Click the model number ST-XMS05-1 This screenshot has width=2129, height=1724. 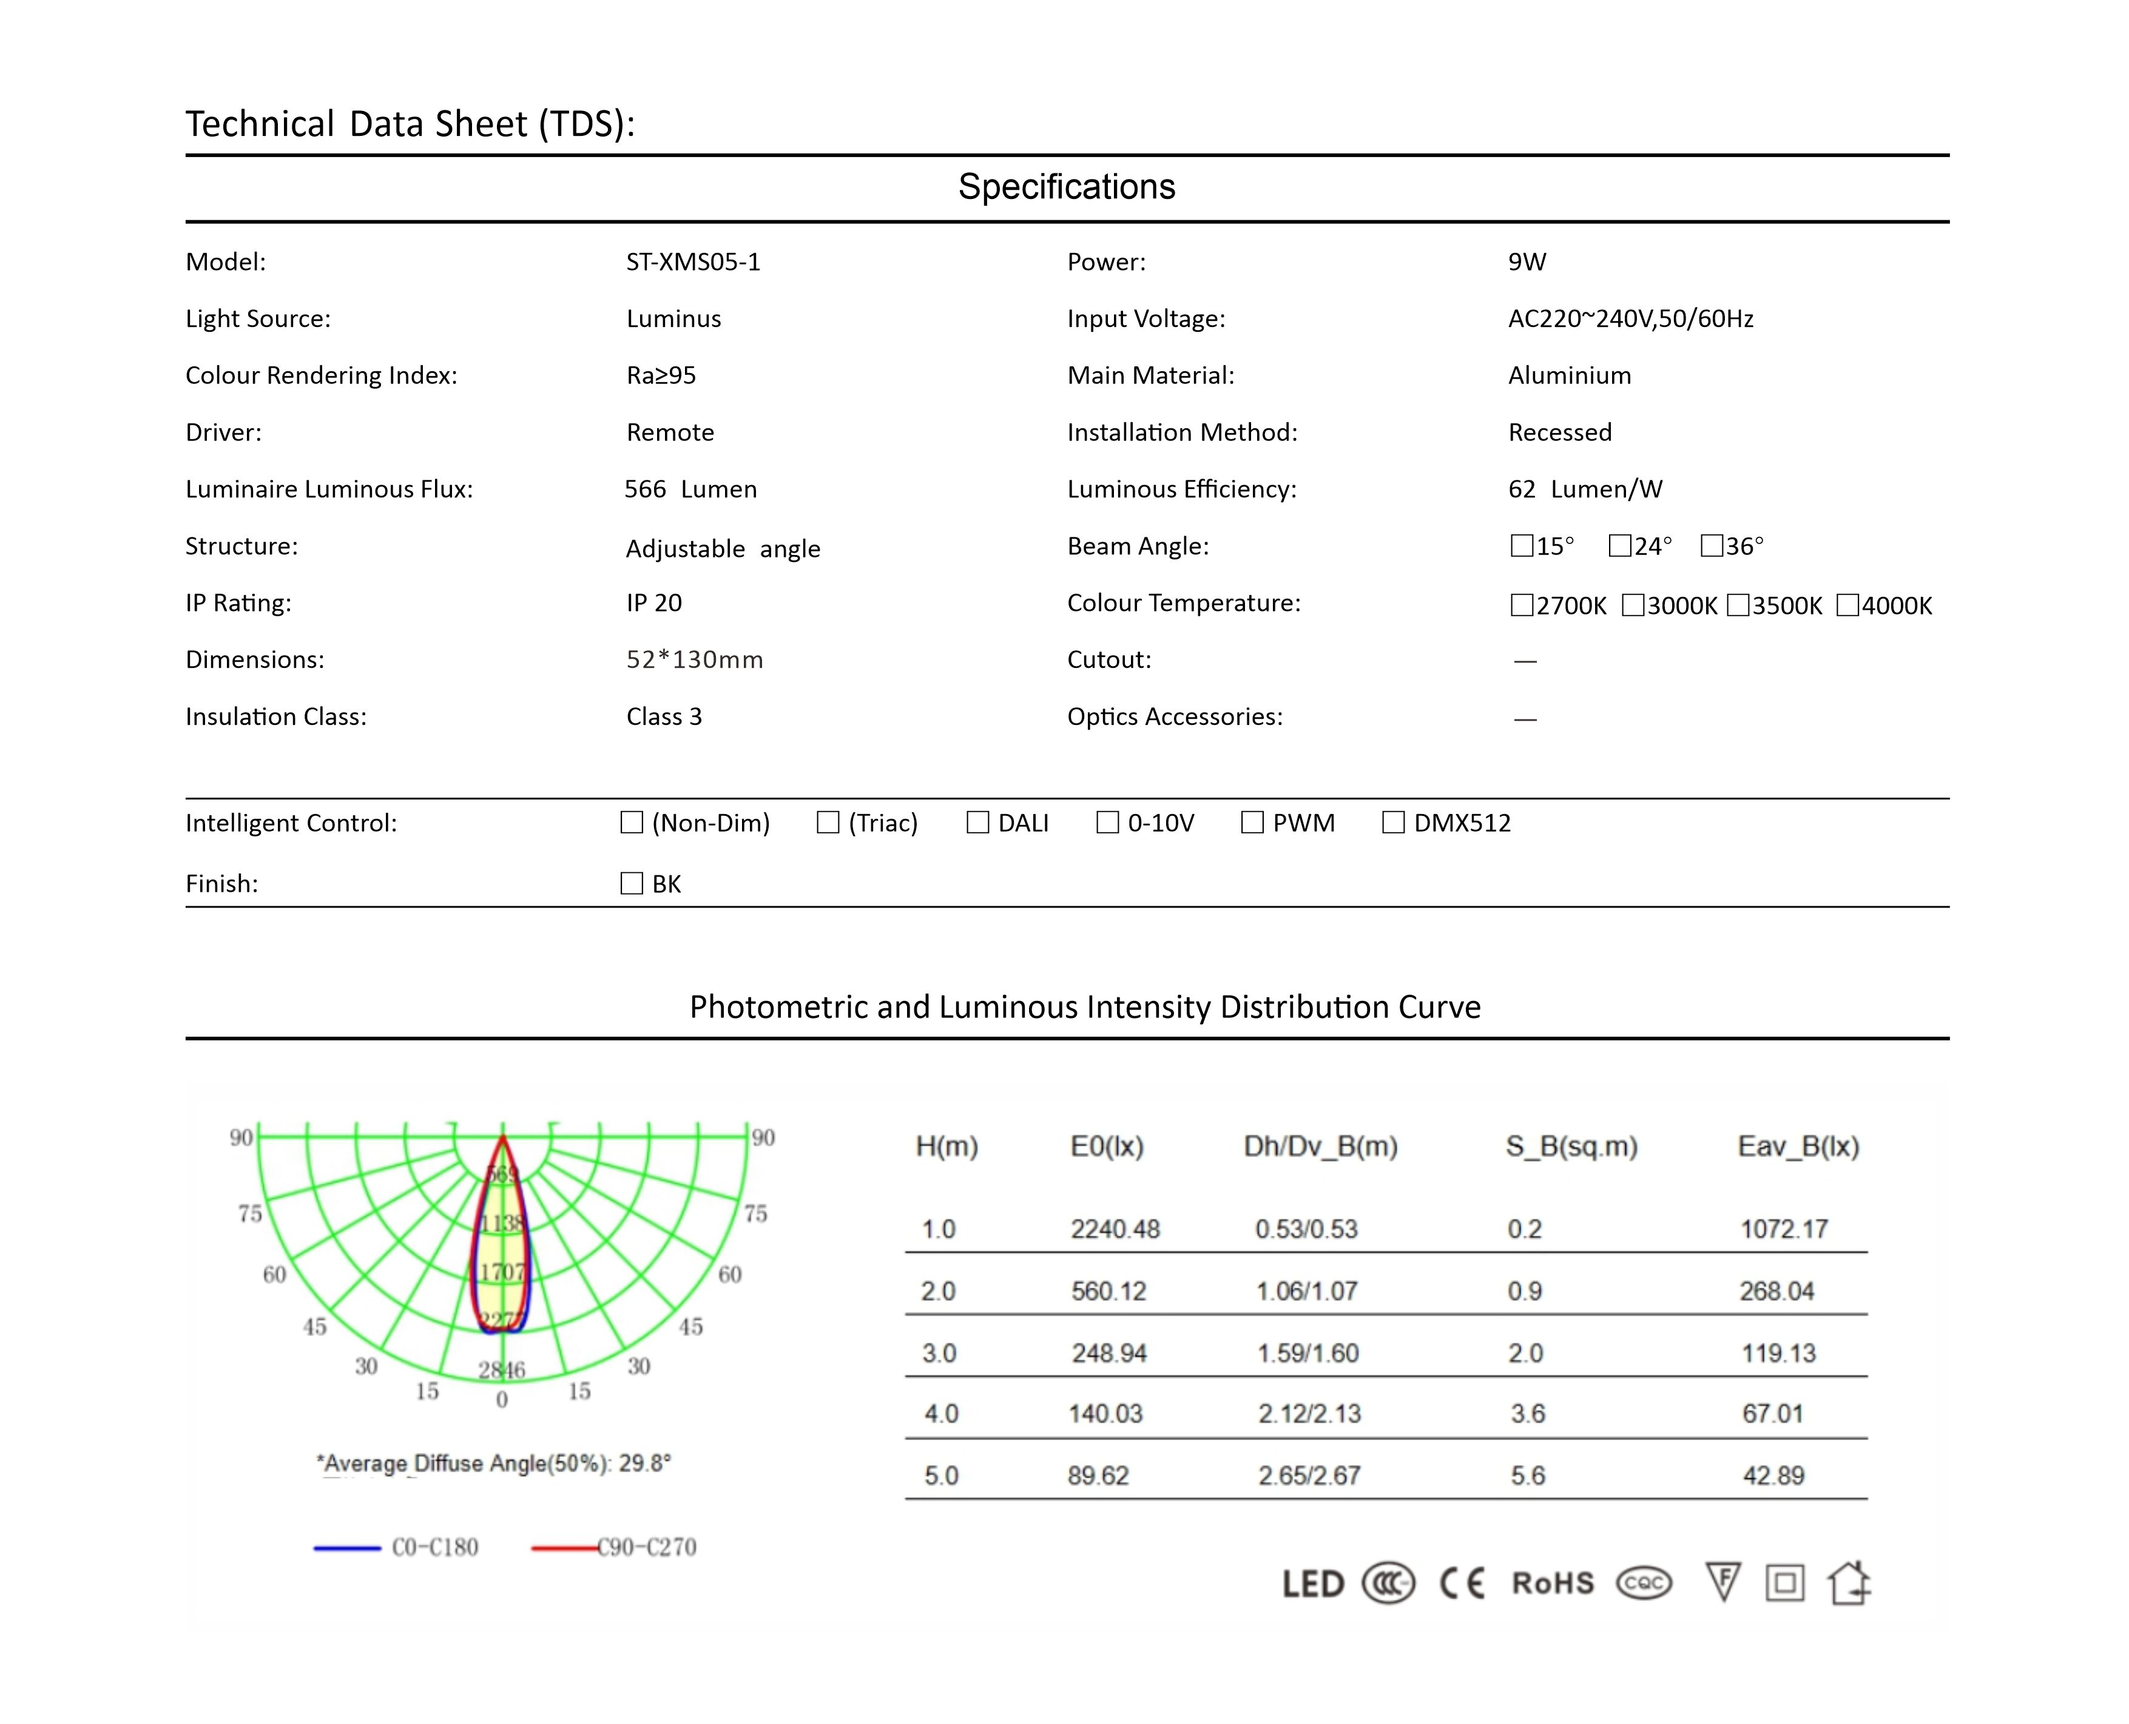pyautogui.click(x=692, y=262)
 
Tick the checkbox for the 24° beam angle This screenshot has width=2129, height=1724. pyautogui.click(x=1619, y=546)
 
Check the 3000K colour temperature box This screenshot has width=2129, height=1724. pyautogui.click(x=1633, y=605)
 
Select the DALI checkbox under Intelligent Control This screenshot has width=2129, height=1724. pyautogui.click(x=977, y=823)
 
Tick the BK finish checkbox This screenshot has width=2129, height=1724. pyautogui.click(x=632, y=883)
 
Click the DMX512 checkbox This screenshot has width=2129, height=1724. pyautogui.click(x=1393, y=823)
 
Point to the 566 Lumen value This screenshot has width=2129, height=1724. pyautogui.click(x=690, y=490)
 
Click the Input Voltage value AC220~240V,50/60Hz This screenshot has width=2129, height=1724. pyautogui.click(x=1630, y=319)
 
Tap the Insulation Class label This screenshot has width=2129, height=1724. pyautogui.click(x=276, y=717)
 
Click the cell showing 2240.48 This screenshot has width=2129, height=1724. pyautogui.click(x=1114, y=1230)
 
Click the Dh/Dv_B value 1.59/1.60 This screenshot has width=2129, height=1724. pyautogui.click(x=1307, y=1353)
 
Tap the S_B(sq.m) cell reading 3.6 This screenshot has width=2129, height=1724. pyautogui.click(x=1527, y=1414)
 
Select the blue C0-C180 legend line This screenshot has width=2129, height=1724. pyautogui.click(x=346, y=1547)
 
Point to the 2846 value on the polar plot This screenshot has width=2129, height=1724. pyautogui.click(x=502, y=1370)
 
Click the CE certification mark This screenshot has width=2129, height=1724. pyautogui.click(x=1462, y=1583)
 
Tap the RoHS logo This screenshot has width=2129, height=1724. pyautogui.click(x=1552, y=1583)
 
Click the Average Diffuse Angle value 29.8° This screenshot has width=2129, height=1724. pyautogui.click(x=644, y=1464)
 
